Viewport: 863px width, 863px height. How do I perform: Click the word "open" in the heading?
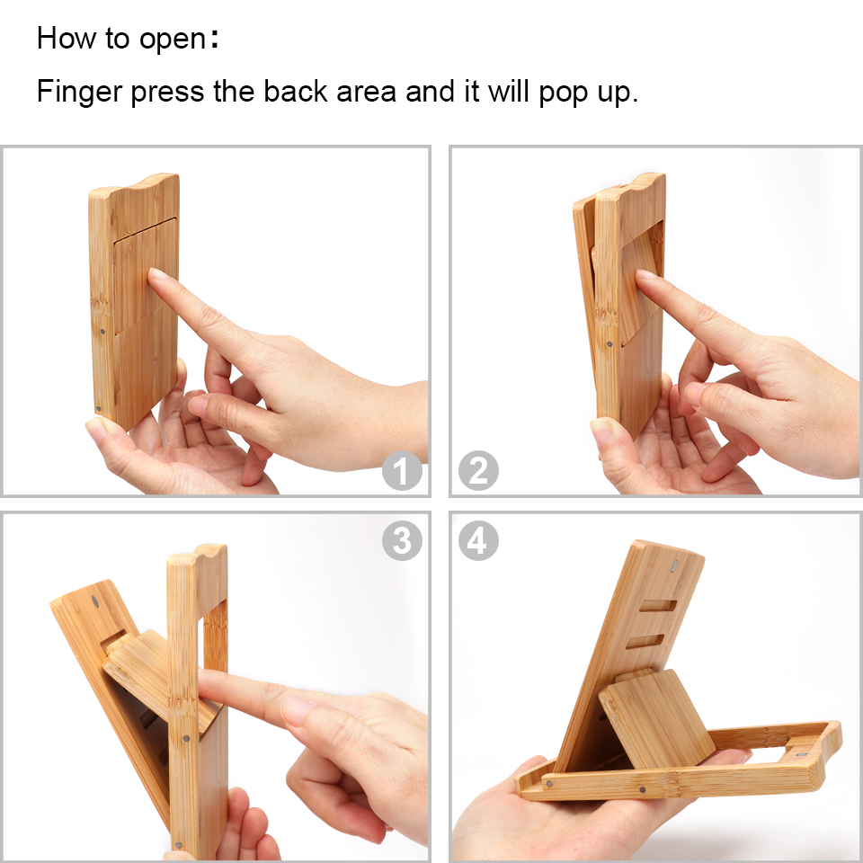tap(173, 40)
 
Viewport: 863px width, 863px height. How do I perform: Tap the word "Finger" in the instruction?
tap(79, 92)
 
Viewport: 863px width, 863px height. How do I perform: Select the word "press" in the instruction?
tap(167, 93)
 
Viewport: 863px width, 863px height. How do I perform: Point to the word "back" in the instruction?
tap(295, 91)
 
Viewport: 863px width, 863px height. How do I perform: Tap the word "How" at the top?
tap(66, 38)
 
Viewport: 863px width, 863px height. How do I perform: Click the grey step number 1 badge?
tap(403, 470)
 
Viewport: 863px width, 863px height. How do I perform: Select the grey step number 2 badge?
tap(478, 470)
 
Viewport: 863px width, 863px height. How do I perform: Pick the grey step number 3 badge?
tap(403, 540)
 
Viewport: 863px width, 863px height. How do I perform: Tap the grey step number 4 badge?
tap(478, 540)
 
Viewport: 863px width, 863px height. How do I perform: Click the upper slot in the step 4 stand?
tap(658, 606)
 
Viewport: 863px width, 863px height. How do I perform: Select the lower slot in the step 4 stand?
tap(645, 642)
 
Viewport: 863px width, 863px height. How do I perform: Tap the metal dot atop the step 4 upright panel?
tap(675, 566)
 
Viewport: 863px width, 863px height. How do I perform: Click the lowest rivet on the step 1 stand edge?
tap(99, 409)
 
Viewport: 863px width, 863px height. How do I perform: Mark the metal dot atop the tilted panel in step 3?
tap(94, 601)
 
